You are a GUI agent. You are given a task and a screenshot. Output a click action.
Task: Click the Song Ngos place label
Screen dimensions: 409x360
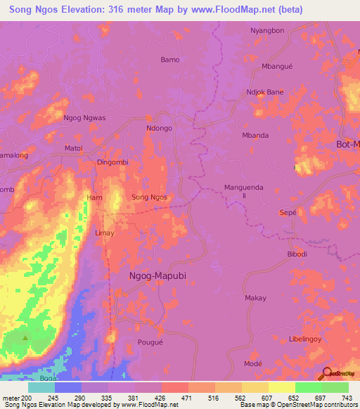[x=150, y=197]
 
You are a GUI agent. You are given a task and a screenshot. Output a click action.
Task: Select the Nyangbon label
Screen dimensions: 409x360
[x=267, y=30]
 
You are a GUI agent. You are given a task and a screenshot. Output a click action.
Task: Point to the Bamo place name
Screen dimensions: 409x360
[x=170, y=60]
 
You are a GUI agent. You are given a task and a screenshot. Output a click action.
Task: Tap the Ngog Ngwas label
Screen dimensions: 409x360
[x=84, y=118]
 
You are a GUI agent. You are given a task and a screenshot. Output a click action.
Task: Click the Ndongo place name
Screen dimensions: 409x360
[x=159, y=129]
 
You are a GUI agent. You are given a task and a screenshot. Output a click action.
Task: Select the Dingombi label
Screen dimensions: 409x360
[x=112, y=162]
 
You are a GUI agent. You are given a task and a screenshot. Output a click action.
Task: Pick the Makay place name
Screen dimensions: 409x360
[x=255, y=298]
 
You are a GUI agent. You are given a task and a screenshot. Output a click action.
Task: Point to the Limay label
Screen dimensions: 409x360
[x=104, y=233]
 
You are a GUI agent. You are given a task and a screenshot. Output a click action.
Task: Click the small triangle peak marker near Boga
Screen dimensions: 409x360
[x=27, y=338]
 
